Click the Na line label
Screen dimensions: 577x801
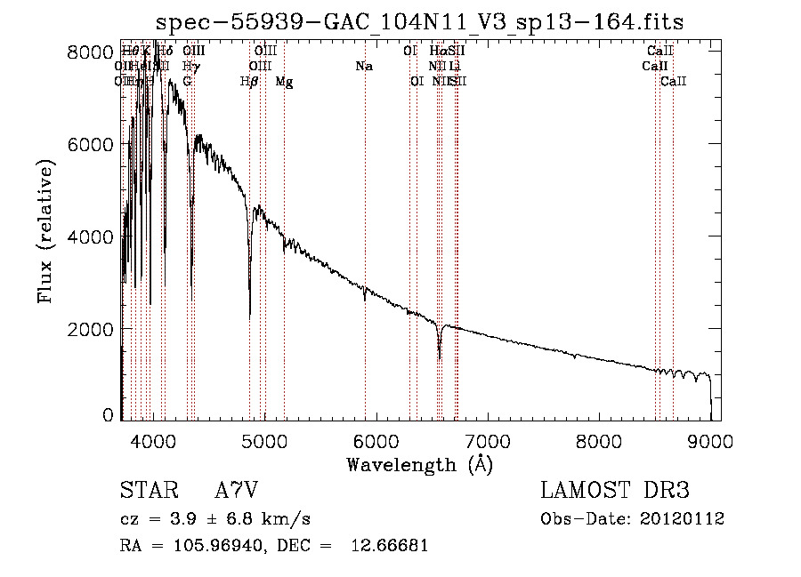pyautogui.click(x=363, y=67)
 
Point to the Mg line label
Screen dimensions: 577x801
pyautogui.click(x=284, y=82)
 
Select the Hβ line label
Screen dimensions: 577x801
pyautogui.click(x=249, y=82)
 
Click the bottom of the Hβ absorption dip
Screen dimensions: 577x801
pyautogui.click(x=249, y=316)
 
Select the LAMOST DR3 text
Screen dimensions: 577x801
pyautogui.click(x=615, y=491)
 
